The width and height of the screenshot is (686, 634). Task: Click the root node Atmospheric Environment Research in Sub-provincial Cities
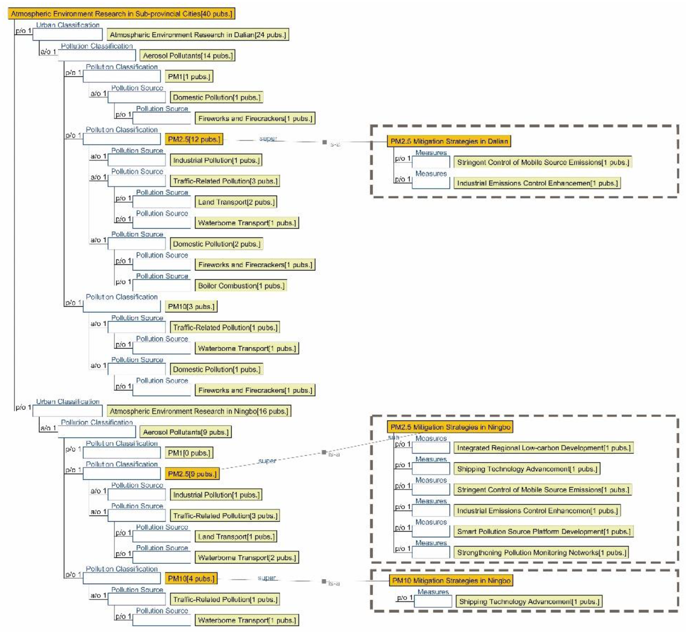[x=121, y=14]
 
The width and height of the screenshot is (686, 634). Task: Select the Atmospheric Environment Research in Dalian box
[x=198, y=35]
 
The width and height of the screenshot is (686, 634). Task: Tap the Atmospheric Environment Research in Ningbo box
[x=199, y=411]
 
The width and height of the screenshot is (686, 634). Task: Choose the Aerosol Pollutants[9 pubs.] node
[x=185, y=432]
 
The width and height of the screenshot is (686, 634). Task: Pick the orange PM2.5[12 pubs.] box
[x=194, y=139]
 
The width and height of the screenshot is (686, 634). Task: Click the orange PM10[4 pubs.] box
[x=191, y=579]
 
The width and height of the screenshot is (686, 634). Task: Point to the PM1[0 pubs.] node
[x=189, y=453]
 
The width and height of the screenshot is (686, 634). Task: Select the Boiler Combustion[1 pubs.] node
[x=241, y=286]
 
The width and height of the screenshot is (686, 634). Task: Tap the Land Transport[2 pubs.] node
[x=236, y=202]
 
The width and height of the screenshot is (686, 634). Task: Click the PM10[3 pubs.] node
[x=191, y=306]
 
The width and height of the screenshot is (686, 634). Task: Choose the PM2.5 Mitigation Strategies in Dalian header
[x=449, y=141]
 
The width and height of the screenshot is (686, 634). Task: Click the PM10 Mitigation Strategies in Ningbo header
[x=451, y=580]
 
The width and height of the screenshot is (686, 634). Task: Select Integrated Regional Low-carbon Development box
[x=543, y=448]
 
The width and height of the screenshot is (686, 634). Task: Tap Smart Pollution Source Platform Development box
[x=543, y=531]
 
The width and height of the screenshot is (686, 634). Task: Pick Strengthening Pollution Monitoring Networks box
[x=541, y=552]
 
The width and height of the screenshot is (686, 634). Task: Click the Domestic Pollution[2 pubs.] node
[x=216, y=244]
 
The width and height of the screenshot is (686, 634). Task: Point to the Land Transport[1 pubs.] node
[x=236, y=537]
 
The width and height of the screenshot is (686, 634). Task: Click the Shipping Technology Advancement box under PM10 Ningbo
[x=529, y=601]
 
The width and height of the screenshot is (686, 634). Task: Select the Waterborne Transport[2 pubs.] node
[x=247, y=557]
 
